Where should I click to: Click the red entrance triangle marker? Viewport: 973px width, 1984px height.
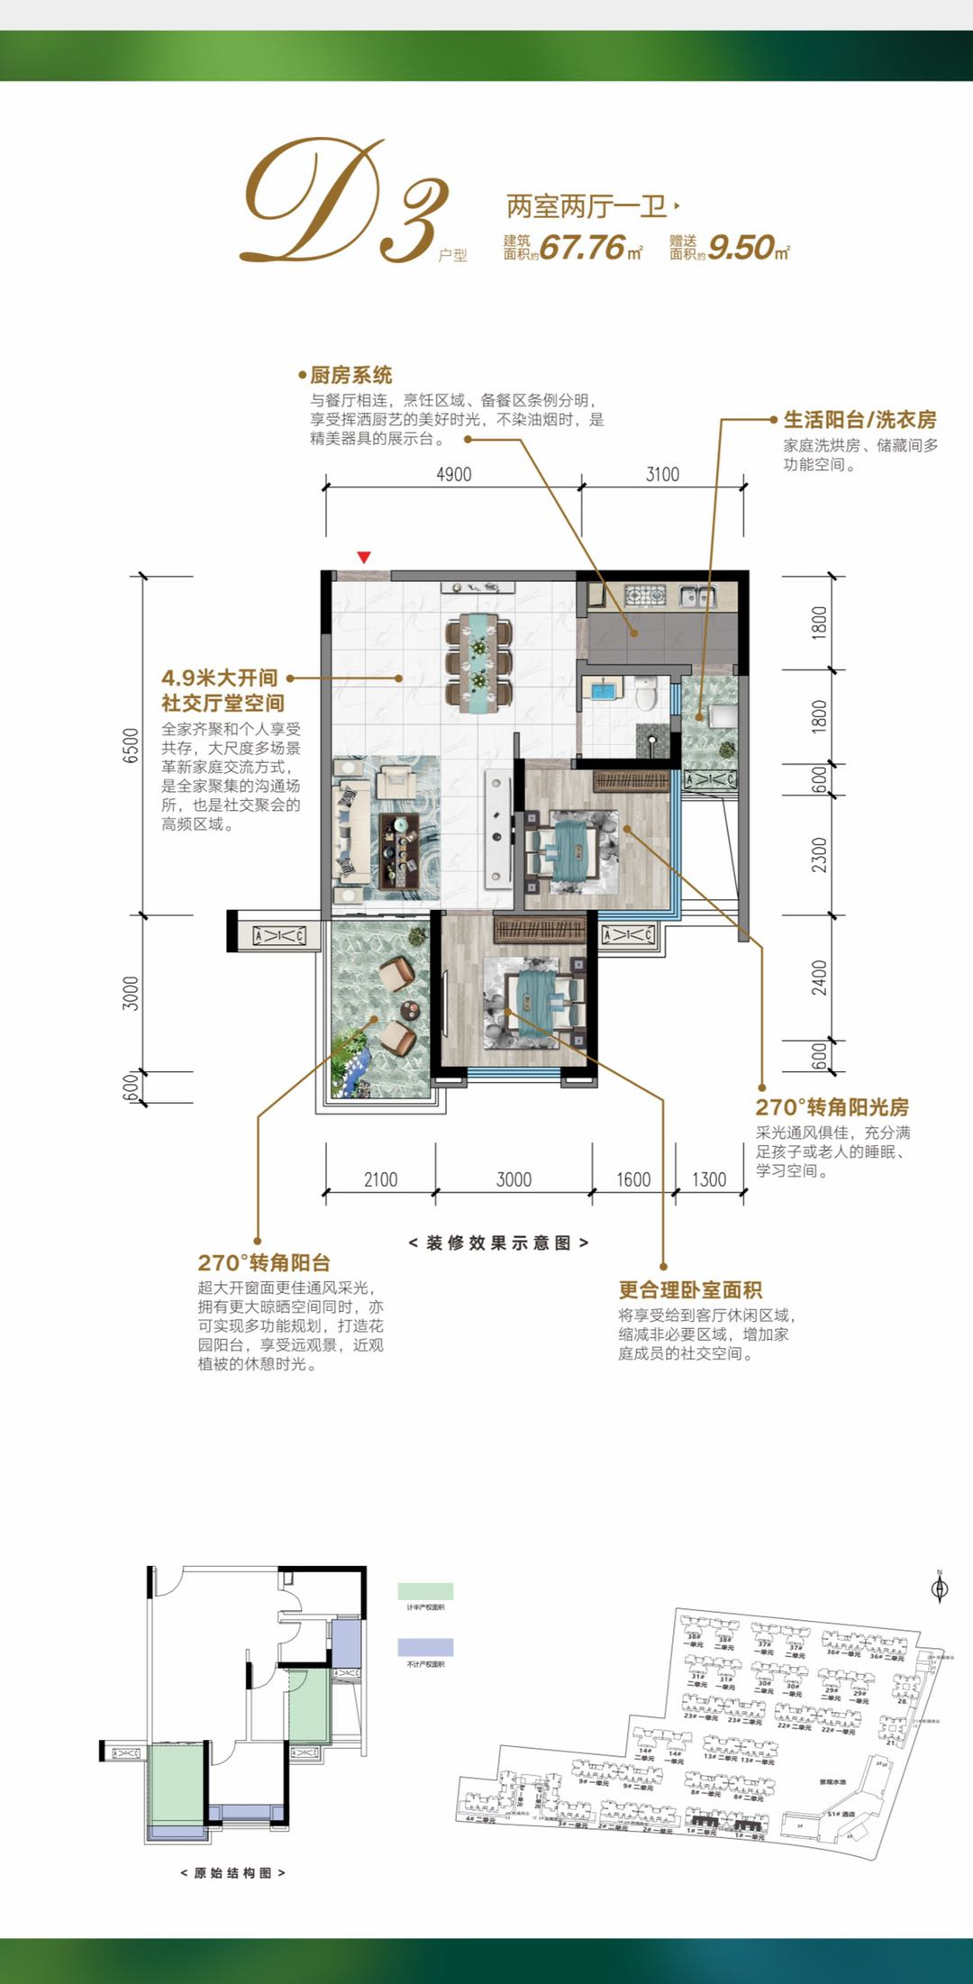[x=364, y=558]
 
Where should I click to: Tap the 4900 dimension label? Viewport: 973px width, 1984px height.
[x=453, y=475]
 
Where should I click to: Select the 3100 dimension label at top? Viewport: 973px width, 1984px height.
[x=662, y=475]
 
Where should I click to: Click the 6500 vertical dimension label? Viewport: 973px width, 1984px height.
[x=132, y=745]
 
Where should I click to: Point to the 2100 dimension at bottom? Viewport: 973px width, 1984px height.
[x=380, y=1179]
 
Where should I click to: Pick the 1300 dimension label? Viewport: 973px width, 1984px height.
[x=709, y=1179]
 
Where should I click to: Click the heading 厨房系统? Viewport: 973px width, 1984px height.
[x=350, y=376]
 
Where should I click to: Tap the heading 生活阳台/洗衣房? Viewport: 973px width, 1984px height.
[x=859, y=419]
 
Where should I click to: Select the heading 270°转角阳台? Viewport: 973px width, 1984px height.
[x=264, y=1262]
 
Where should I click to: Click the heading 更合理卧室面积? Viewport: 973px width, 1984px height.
[x=690, y=1290]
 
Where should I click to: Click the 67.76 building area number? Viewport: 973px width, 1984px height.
[x=583, y=247]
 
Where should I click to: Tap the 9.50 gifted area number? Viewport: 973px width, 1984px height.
[x=741, y=247]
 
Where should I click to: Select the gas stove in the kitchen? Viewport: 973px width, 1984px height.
[x=645, y=595]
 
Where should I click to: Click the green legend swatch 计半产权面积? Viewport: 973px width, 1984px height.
[x=425, y=1591]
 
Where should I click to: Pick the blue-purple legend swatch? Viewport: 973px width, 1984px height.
[x=425, y=1647]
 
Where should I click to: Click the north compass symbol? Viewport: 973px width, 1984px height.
[x=939, y=1588]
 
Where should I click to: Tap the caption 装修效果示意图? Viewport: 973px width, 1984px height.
[x=498, y=1242]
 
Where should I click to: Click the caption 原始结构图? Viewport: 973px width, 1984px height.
[x=232, y=1872]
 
